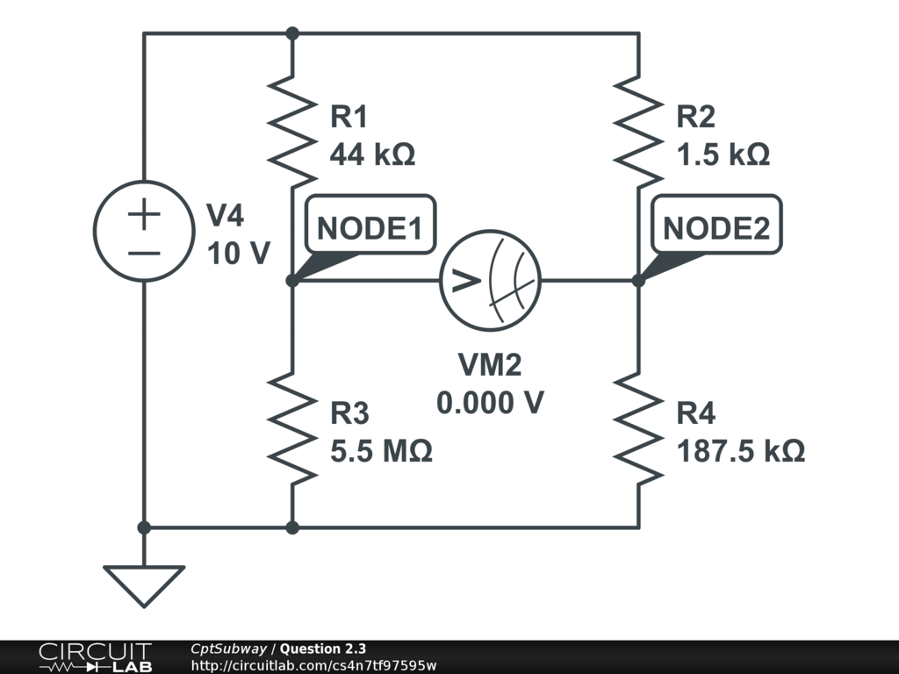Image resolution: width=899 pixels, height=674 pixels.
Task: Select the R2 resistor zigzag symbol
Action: coord(638,123)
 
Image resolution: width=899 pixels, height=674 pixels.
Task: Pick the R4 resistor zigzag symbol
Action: coord(638,427)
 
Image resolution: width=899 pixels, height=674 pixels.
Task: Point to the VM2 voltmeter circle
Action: coord(490,281)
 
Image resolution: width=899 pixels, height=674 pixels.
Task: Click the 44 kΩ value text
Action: coord(371,154)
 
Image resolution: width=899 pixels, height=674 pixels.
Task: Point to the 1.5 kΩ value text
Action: coord(723,154)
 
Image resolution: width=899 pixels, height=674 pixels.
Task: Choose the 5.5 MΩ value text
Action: coord(381,451)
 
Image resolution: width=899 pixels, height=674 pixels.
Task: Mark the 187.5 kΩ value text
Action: coord(741,451)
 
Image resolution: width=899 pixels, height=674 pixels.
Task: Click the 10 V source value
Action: coord(239,254)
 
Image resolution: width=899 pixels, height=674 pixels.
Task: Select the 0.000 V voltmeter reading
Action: coord(490,403)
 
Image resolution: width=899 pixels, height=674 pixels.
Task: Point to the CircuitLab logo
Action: coord(95,656)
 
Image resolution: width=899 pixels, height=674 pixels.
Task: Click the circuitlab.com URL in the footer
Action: coord(313,665)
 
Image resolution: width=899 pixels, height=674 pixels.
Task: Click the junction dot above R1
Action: coord(292,33)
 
